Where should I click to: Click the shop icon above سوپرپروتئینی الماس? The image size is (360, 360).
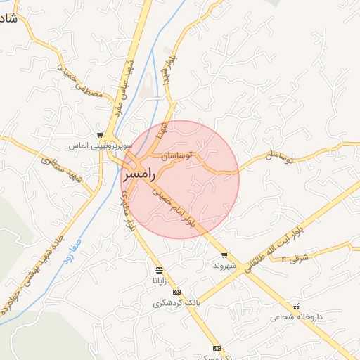pos(101,135)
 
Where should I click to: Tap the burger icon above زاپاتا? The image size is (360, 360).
pos(160,270)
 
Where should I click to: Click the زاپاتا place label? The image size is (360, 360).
pos(160,280)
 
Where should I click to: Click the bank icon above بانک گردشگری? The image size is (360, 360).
pos(176,292)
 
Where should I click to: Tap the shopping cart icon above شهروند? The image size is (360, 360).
pos(224,255)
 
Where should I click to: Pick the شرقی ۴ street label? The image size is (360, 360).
pos(295,259)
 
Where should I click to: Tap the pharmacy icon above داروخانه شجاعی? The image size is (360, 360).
pos(296,307)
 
